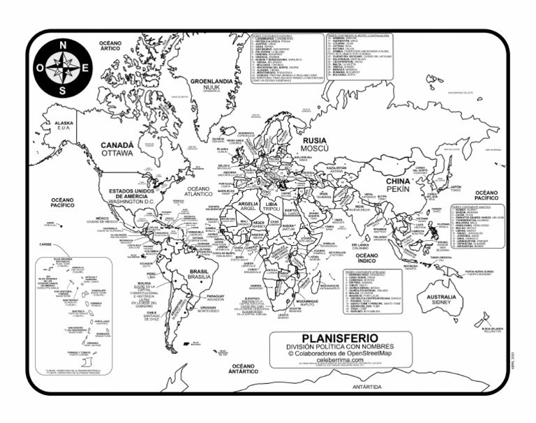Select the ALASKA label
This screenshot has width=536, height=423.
[64, 123]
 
